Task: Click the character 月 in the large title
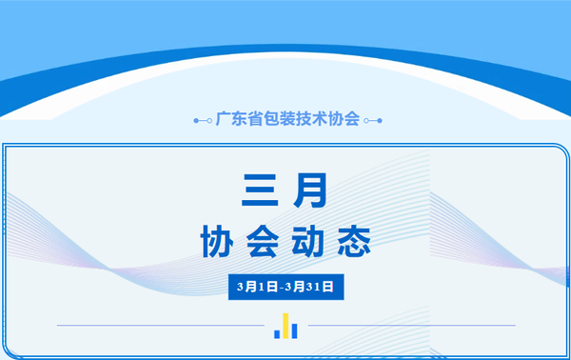pyautogui.click(x=311, y=190)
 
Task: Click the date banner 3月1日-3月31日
pyautogui.click(x=285, y=284)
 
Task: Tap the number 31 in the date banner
pyautogui.click(x=311, y=284)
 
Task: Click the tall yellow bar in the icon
pyautogui.click(x=285, y=325)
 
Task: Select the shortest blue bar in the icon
pyautogui.click(x=277, y=332)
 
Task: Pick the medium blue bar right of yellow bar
pyautogui.click(x=293, y=330)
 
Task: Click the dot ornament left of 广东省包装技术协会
pyautogui.click(x=202, y=121)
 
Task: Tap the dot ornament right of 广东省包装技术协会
pyautogui.click(x=371, y=121)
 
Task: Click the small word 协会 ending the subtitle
pyautogui.click(x=345, y=120)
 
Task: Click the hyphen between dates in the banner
pyautogui.click(x=283, y=284)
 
